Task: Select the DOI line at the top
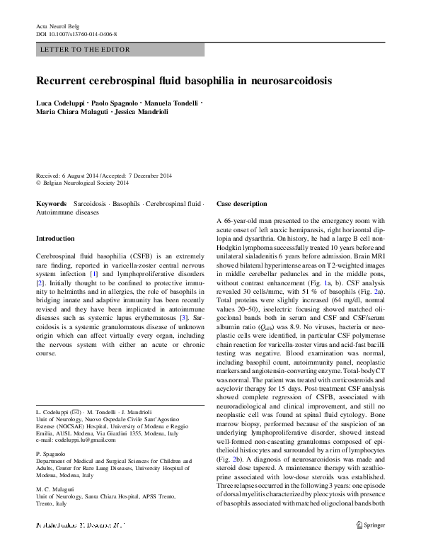[x=76, y=33]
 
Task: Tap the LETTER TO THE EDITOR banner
[x=81, y=50]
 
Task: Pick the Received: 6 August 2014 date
[x=68, y=176]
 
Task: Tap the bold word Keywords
[x=51, y=203]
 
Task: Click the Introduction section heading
[x=55, y=239]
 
